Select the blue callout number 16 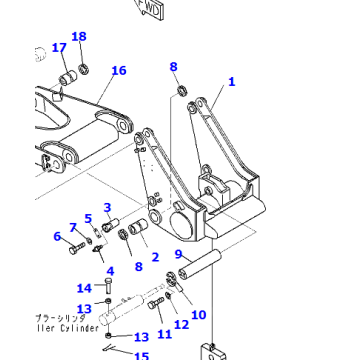(119, 70)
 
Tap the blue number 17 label (59, 47)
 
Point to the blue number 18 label (79, 37)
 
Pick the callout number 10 (198, 315)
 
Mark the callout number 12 (181, 323)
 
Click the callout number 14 (85, 289)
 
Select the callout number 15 (141, 355)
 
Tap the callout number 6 (57, 236)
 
